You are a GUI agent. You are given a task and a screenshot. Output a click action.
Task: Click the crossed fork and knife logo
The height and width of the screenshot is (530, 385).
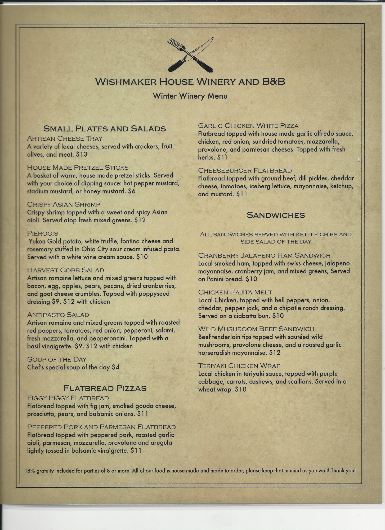(191, 55)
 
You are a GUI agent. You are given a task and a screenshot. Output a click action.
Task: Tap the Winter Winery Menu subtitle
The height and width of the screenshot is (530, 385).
(190, 96)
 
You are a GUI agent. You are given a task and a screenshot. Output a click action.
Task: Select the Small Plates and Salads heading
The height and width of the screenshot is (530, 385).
(105, 129)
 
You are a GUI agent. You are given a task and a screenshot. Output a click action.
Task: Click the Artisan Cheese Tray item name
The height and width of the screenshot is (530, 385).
(65, 139)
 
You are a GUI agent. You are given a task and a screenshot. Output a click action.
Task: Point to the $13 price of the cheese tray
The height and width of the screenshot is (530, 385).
(82, 154)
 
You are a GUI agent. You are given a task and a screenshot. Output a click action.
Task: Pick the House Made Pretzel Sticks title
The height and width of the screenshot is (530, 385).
(78, 167)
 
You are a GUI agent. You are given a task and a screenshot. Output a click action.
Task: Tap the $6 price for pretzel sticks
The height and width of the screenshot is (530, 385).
(132, 191)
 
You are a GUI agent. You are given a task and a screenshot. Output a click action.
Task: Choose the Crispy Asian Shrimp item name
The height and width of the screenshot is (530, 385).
(64, 204)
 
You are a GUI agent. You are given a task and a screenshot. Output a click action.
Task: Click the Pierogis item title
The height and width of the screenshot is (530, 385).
(43, 233)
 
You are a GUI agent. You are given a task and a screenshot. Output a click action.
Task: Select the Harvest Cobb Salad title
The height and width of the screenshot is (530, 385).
(65, 270)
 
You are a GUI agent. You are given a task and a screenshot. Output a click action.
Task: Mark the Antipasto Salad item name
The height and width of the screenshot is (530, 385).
(58, 315)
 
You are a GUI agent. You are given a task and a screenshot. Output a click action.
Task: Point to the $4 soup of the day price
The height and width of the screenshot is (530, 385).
(116, 367)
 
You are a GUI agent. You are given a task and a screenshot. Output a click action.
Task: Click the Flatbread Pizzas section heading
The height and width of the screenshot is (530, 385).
(105, 388)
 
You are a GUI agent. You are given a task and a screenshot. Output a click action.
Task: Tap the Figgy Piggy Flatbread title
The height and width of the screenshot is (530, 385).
(68, 398)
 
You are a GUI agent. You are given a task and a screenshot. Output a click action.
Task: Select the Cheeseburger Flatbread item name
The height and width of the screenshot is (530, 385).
(245, 170)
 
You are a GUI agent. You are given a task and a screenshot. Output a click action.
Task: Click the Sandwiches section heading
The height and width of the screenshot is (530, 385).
(276, 215)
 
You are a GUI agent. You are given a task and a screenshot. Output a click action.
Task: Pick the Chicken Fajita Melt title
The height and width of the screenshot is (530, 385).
(235, 292)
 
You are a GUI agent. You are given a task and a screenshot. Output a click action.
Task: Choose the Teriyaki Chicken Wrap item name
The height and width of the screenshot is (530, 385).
(239, 366)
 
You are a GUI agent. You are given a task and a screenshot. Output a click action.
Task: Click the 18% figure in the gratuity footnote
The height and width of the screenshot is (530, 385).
(30, 471)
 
